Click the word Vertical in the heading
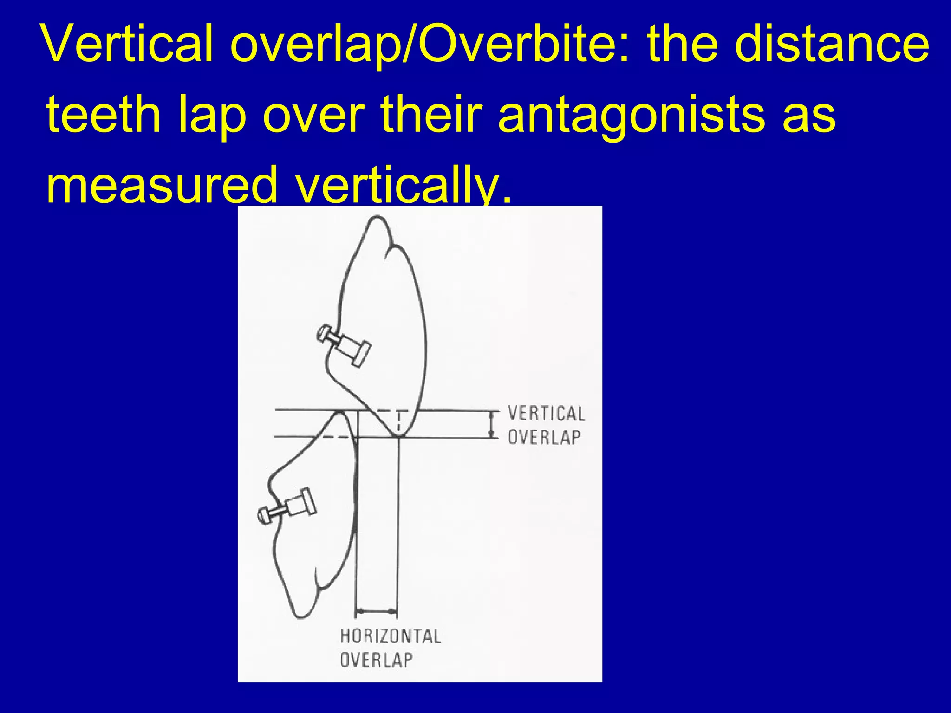128,44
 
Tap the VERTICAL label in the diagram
546,413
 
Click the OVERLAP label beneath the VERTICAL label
544,437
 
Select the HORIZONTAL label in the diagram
390,636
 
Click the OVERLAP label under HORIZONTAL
376,660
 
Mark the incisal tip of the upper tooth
398,435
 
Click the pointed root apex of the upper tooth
377,218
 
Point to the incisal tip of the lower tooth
341,412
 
